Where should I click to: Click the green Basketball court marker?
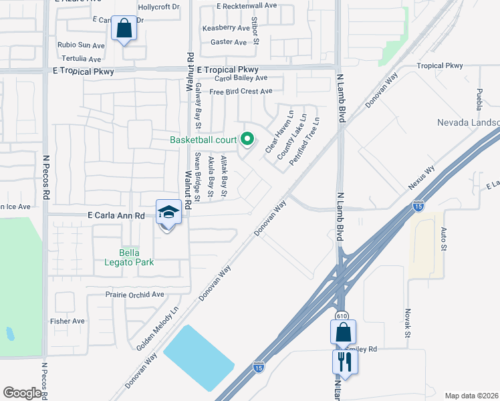point(247,140)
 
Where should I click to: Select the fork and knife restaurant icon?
point(345,362)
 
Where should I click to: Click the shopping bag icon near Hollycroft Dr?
point(123,28)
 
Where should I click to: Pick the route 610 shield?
point(342,315)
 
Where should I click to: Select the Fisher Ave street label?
point(68,321)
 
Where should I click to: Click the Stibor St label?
point(255,31)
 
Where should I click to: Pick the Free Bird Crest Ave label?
point(241,92)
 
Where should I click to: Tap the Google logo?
point(21,393)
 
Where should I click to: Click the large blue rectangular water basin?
point(199,358)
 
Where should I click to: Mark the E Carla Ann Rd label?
point(116,216)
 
